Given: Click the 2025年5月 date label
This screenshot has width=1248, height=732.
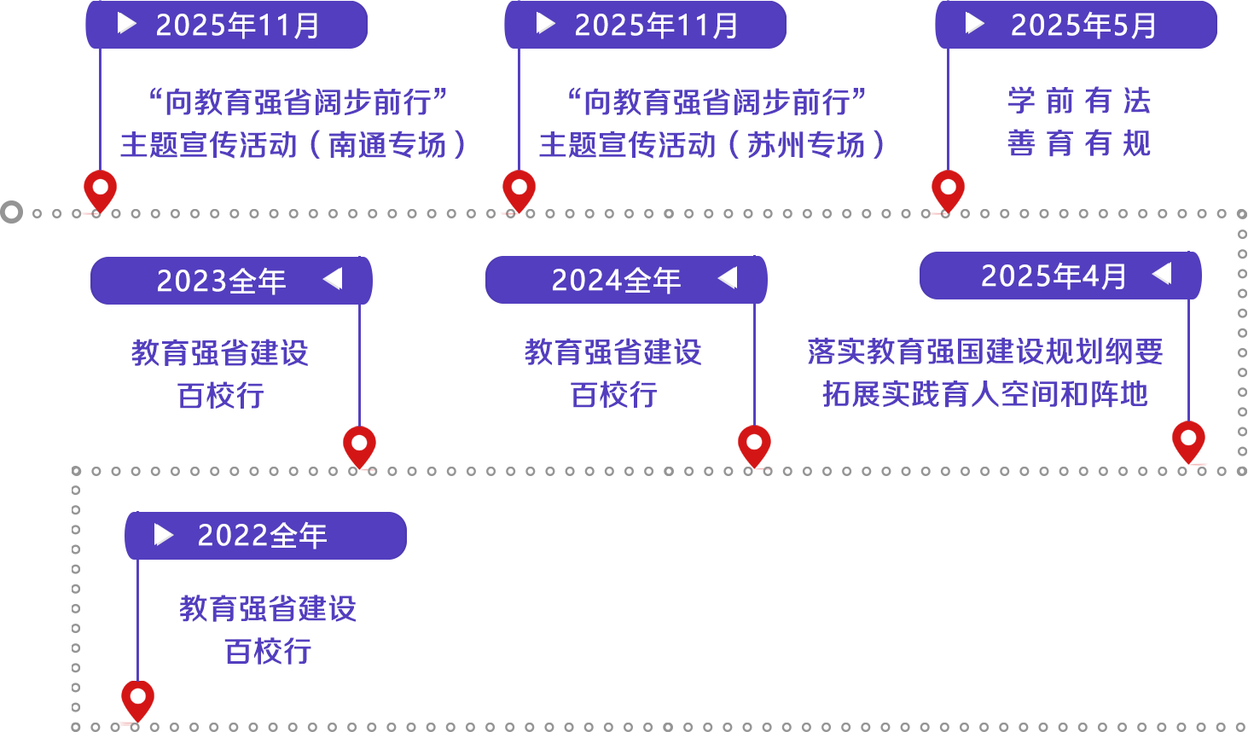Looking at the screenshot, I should [1083, 26].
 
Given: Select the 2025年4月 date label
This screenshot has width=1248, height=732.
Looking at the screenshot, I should [1054, 276].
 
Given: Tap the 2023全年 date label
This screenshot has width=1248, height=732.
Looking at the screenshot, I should [221, 281].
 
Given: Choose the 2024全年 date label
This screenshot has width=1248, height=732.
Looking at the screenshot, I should [616, 280].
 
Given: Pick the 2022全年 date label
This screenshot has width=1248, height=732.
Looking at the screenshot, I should [262, 536].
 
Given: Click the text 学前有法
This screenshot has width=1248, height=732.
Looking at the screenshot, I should [1079, 102].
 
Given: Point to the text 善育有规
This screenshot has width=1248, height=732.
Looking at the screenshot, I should [1079, 142].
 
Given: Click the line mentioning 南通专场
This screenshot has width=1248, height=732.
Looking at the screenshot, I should [293, 144].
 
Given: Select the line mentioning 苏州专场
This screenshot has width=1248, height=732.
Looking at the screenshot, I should [712, 144].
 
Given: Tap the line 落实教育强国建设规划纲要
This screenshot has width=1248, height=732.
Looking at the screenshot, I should [985, 351].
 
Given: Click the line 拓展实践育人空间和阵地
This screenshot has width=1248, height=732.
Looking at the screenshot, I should [985, 393].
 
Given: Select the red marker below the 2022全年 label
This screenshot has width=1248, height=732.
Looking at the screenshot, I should [137, 700].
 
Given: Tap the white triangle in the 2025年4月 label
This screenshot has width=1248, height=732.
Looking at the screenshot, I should [1162, 274].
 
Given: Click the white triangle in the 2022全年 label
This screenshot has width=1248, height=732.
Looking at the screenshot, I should [163, 535].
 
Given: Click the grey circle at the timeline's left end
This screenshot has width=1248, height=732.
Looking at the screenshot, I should [12, 212].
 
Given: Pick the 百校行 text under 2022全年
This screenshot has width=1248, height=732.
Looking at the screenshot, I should [269, 650].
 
